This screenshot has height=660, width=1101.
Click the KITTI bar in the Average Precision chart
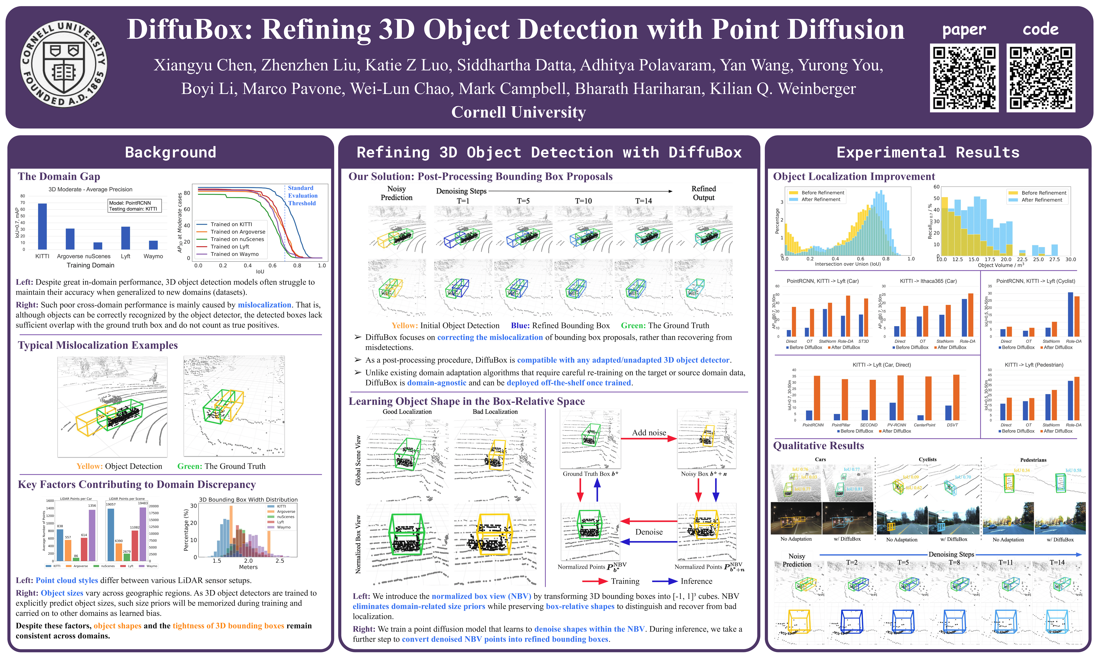click(42, 226)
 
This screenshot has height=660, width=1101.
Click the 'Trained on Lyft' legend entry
click(230, 246)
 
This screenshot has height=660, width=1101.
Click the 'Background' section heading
click(170, 153)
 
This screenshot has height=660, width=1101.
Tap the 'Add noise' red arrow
click(649, 439)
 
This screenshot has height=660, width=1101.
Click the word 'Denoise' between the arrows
click(649, 532)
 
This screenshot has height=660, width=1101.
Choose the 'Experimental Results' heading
click(928, 153)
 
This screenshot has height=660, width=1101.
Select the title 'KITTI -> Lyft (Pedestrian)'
click(1034, 365)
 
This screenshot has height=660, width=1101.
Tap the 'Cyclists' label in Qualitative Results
click(927, 459)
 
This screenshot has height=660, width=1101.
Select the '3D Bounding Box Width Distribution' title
click(248, 499)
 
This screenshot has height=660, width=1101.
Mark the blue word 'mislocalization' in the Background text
click(264, 305)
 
